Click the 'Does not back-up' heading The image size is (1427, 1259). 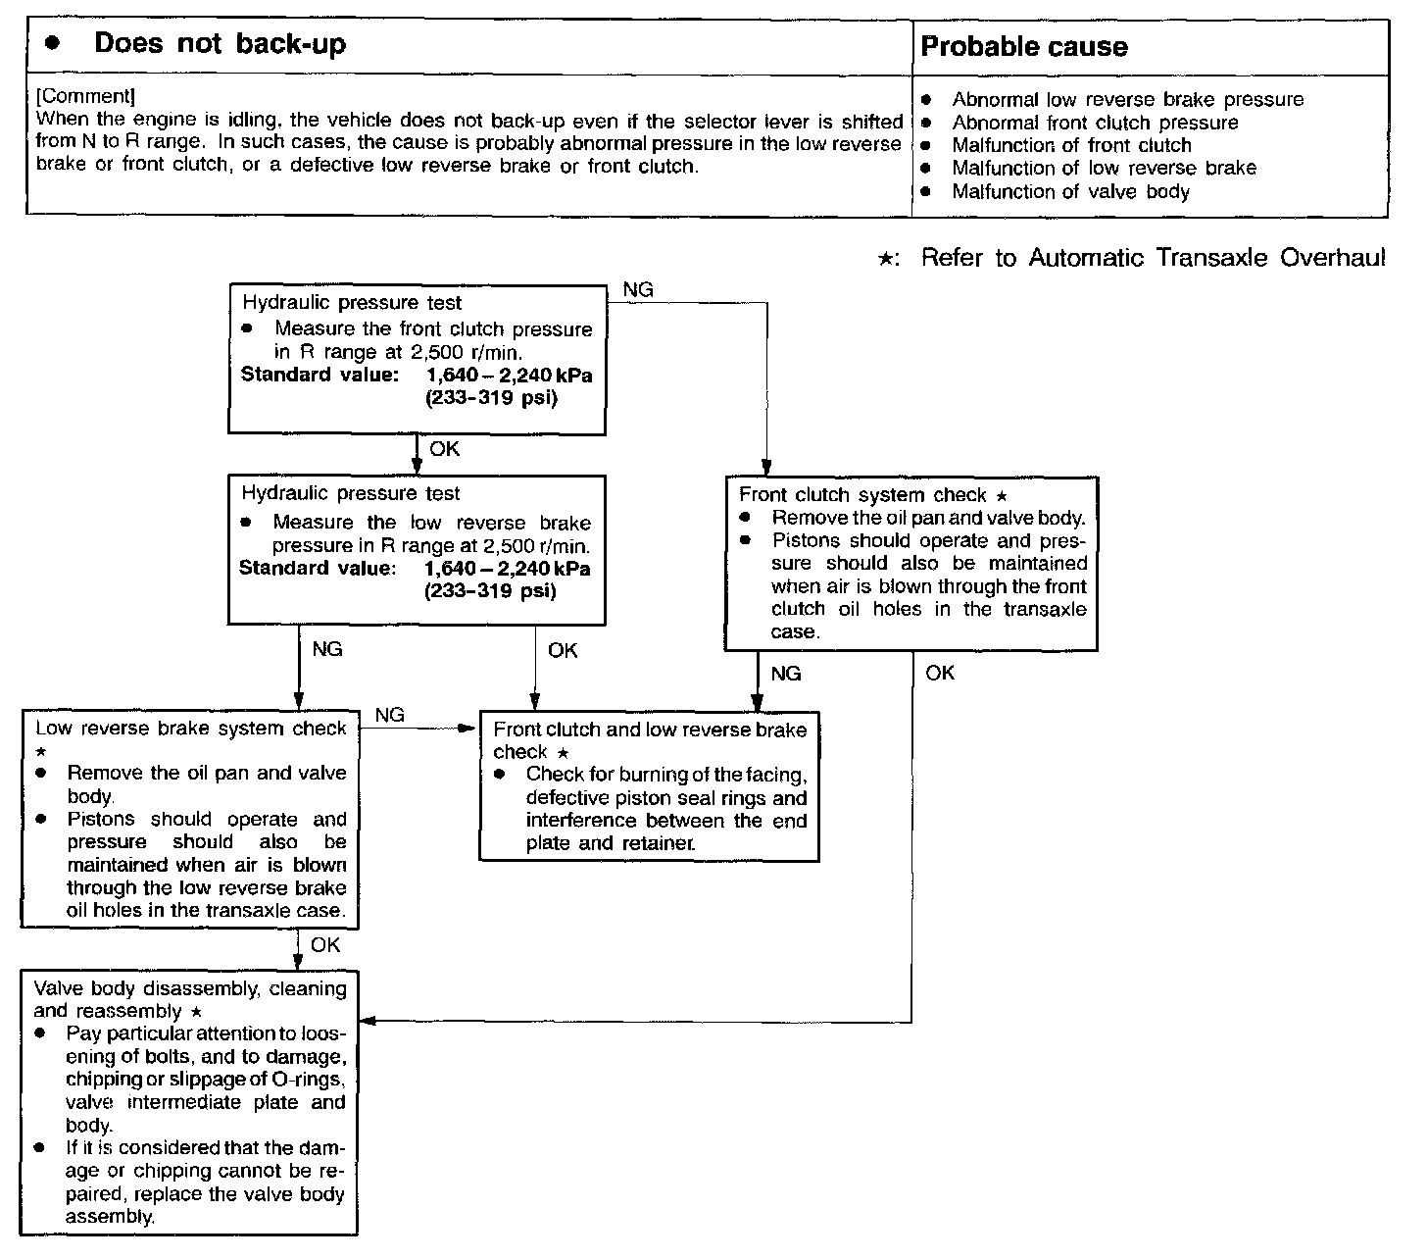(220, 45)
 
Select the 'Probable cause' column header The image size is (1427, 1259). (1024, 47)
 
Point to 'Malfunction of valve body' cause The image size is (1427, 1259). (1070, 191)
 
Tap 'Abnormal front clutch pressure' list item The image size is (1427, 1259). (1095, 123)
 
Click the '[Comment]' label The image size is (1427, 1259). (85, 96)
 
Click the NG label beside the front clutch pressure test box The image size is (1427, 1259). (638, 290)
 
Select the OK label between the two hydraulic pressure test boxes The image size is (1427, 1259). (444, 449)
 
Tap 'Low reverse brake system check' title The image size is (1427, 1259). (191, 729)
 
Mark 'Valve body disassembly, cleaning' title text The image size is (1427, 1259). (190, 988)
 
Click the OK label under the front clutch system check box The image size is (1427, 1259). (939, 673)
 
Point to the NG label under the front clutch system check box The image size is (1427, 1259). (786, 674)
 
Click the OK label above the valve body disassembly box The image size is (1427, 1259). (325, 944)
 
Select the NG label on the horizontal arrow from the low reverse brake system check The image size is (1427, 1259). (390, 715)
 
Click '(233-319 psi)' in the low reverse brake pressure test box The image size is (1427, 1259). (489, 591)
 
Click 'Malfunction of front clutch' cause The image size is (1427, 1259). (1071, 145)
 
